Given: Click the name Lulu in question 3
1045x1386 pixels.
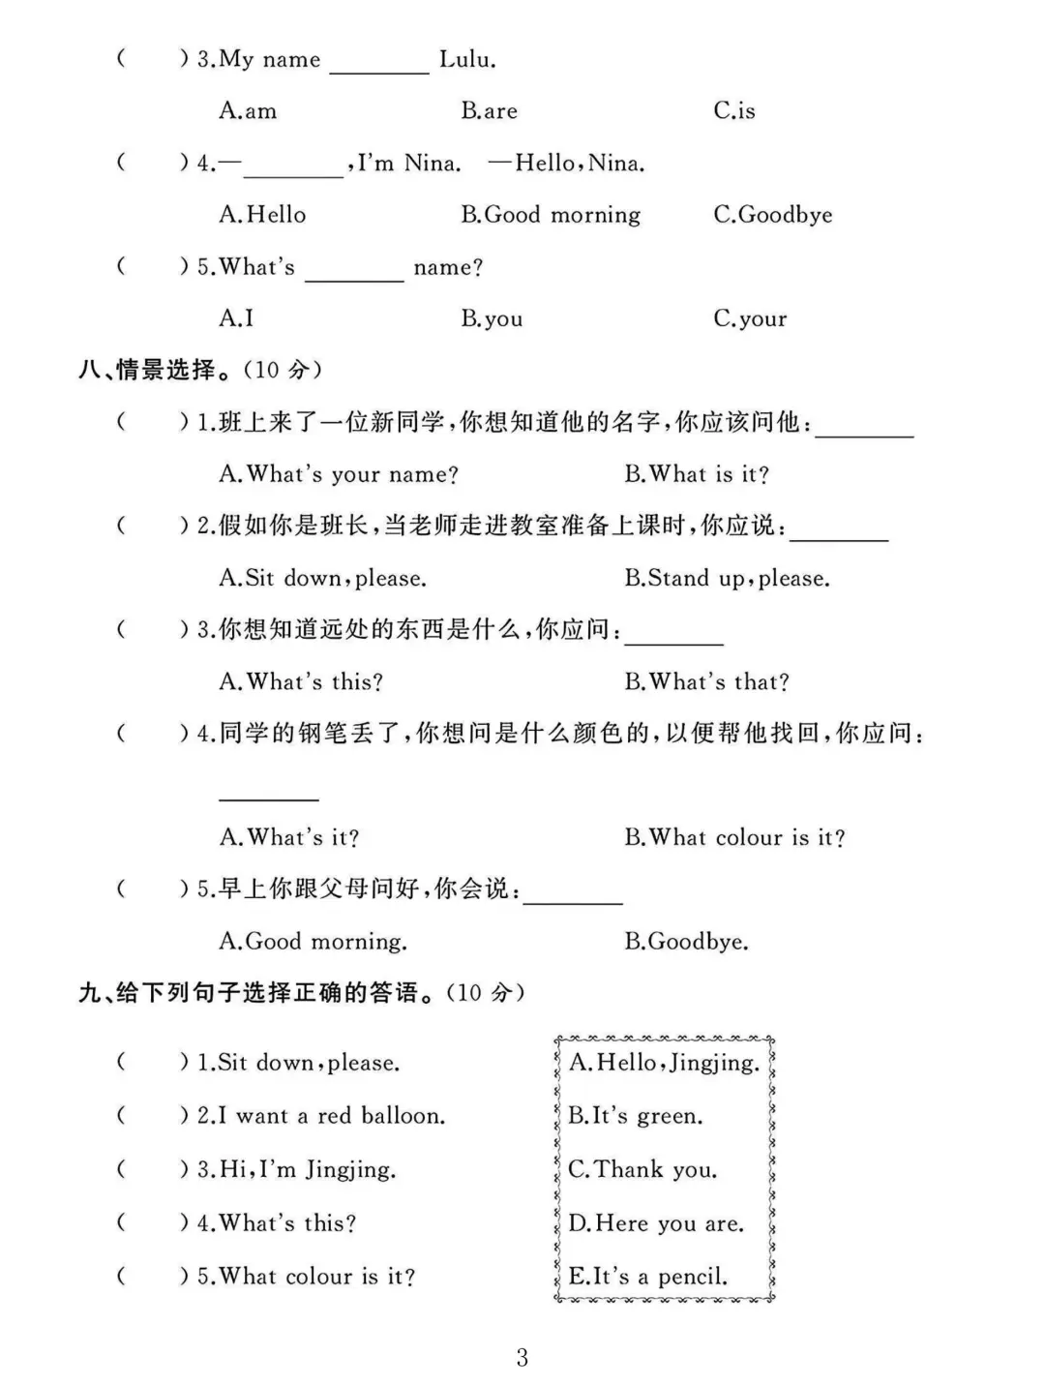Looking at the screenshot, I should coord(467,60).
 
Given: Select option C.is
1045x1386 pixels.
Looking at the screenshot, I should coord(734,111).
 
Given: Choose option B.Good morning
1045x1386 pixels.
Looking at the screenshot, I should coord(551,215).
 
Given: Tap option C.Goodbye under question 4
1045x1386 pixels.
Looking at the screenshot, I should coord(773,215).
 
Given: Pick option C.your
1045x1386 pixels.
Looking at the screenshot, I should coord(750,318).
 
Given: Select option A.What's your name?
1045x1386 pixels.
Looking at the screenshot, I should coord(339,474).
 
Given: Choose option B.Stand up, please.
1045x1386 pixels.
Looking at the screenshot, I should coord(727,579).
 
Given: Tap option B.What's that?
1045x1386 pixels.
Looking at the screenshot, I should coord(706,682).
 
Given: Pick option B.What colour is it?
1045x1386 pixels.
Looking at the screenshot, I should coord(734,837).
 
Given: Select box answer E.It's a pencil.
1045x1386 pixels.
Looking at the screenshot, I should coord(647,1277).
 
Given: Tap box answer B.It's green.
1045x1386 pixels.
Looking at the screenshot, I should coord(635,1116).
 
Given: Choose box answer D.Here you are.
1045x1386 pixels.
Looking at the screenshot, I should coord(656,1223).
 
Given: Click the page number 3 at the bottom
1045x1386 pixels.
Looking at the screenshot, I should coord(522,1357).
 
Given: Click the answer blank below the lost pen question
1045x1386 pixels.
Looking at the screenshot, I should coord(269,796).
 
